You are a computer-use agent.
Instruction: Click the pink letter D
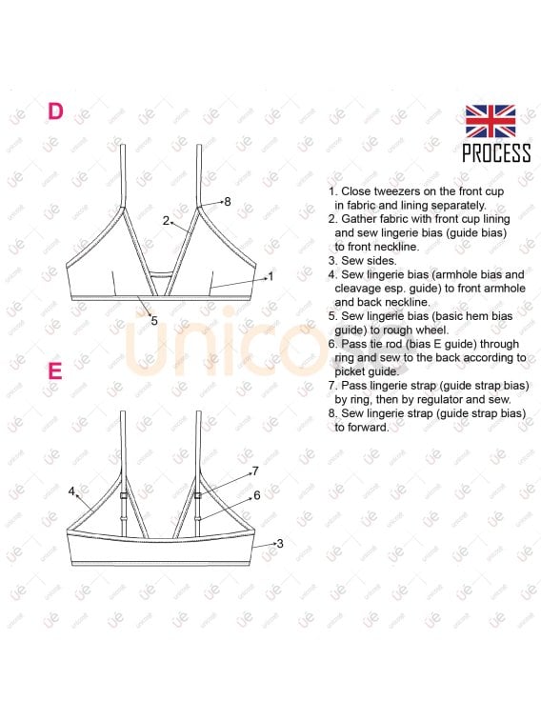55,111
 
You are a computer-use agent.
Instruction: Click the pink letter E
55,371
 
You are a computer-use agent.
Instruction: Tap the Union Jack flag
490,121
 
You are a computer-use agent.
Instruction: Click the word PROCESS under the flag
496,152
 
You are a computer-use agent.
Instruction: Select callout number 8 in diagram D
227,201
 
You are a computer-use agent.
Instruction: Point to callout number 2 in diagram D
166,221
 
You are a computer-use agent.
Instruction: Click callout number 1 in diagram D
270,276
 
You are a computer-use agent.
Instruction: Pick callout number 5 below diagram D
154,320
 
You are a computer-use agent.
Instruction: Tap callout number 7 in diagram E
255,471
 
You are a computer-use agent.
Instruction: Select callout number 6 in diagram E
257,494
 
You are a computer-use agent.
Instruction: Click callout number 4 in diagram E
71,491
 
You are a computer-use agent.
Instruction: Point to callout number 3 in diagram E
280,544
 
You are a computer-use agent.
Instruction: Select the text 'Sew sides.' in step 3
369,261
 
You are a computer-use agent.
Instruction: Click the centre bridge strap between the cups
161,274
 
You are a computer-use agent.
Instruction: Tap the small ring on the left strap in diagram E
123,495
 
